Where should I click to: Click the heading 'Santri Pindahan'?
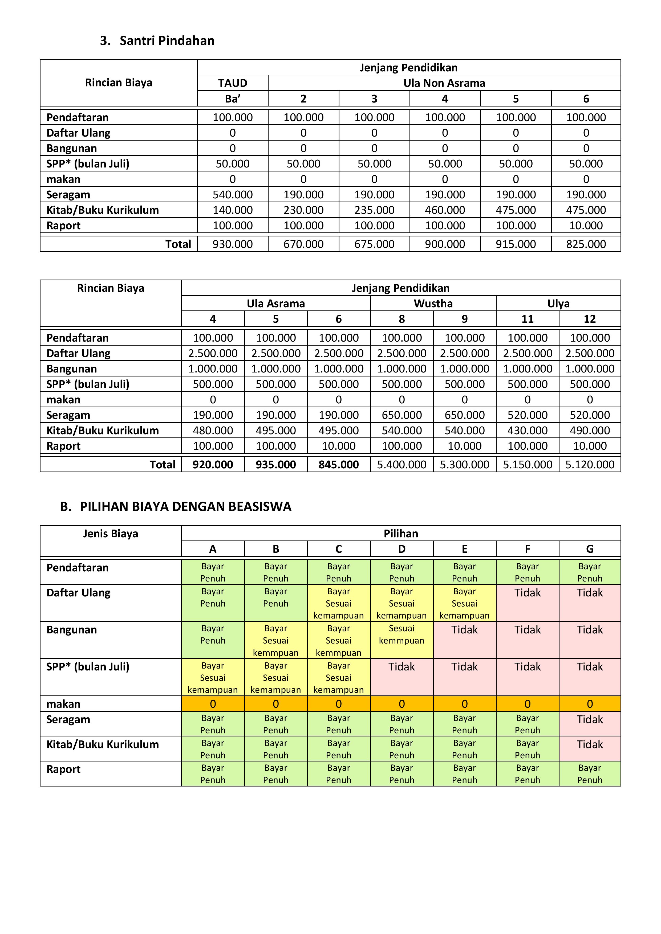(x=167, y=41)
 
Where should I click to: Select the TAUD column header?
(x=232, y=83)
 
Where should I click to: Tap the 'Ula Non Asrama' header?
(x=444, y=83)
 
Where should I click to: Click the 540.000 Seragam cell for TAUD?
(x=232, y=194)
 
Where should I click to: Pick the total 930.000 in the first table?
(x=232, y=244)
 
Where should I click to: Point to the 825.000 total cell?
(x=586, y=244)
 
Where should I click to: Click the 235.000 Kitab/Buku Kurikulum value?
(x=374, y=210)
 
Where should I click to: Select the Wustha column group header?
(x=433, y=304)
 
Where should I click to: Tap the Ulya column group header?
(x=558, y=304)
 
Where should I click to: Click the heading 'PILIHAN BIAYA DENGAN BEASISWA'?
(x=186, y=506)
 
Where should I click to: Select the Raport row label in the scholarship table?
(x=63, y=769)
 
